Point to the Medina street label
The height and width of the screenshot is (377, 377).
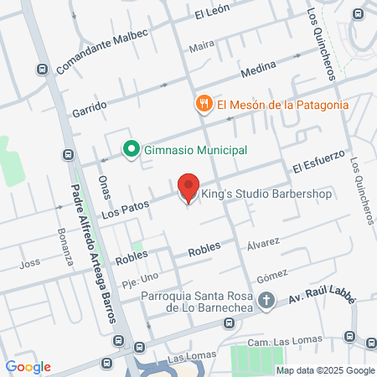(258, 74)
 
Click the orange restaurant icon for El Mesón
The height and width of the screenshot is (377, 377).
(203, 104)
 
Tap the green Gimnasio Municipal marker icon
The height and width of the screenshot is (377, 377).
(131, 150)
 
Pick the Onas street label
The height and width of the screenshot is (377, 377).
(103, 187)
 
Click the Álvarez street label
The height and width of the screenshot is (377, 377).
(263, 245)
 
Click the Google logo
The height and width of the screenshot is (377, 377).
(28, 367)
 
